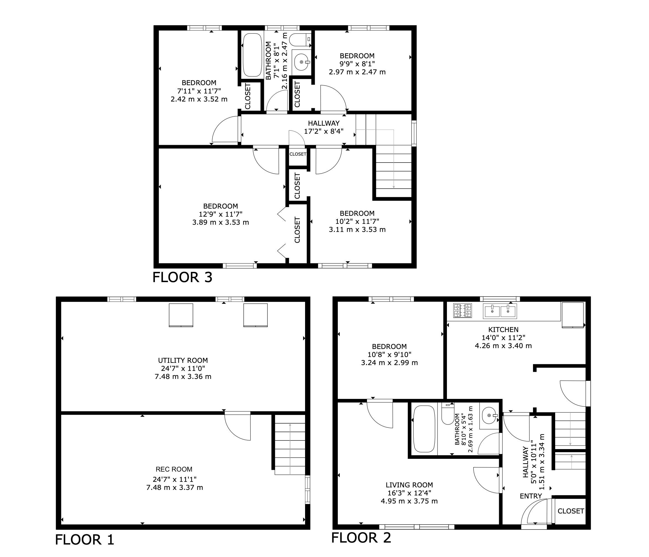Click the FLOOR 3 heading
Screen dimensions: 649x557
tap(182, 277)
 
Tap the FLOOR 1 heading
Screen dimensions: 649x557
tap(85, 540)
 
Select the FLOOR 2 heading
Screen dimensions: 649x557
tap(361, 538)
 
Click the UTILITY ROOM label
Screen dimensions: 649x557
tap(183, 360)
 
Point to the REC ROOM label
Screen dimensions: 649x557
tap(174, 469)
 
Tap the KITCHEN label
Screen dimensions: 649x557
tap(503, 330)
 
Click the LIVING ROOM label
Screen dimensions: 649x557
tap(409, 485)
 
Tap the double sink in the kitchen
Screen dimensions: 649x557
tap(500, 311)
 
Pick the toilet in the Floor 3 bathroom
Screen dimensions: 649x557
tap(300, 40)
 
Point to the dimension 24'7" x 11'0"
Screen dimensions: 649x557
tap(183, 368)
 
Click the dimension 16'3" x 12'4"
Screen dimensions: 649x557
tap(409, 493)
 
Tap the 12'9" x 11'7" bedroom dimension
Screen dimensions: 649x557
tap(220, 214)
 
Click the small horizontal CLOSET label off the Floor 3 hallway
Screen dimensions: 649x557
tap(298, 154)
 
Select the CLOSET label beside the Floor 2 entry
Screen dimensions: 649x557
tap(571, 511)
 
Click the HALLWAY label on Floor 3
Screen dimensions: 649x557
tap(324, 123)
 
